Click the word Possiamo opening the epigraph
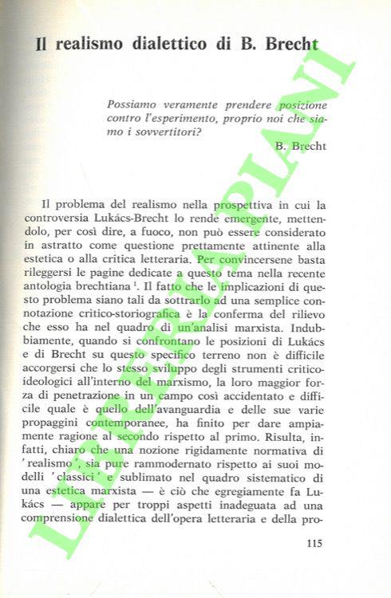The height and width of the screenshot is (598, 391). tap(136, 104)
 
